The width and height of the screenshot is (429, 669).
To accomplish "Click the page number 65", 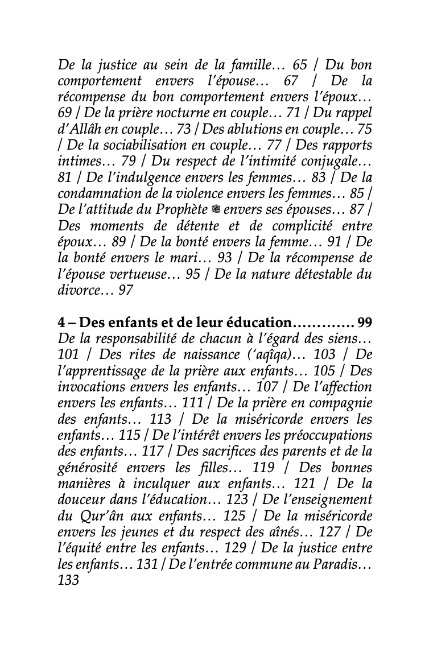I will (x=299, y=65).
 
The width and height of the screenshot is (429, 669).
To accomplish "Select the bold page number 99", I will (x=365, y=323).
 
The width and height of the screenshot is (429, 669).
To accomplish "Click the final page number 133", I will (x=68, y=581).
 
